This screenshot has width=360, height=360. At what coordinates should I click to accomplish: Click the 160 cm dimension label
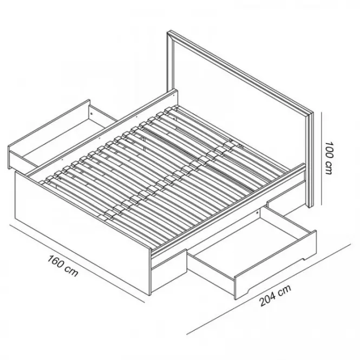(x=63, y=266)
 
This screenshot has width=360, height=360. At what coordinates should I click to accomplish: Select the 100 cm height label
(x=330, y=158)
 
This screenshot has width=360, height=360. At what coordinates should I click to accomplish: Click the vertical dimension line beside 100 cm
(x=321, y=158)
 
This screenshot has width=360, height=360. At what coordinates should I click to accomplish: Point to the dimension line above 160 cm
(x=77, y=263)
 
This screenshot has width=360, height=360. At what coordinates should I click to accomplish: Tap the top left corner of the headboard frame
(x=167, y=31)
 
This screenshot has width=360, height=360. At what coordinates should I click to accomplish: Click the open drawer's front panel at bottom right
(x=276, y=265)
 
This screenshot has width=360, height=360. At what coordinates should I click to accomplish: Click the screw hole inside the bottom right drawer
(x=257, y=213)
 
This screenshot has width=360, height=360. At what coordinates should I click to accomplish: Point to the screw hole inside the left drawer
(x=91, y=113)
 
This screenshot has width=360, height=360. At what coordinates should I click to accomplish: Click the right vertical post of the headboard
(x=310, y=160)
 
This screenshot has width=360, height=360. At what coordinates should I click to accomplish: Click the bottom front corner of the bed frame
(x=150, y=295)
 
